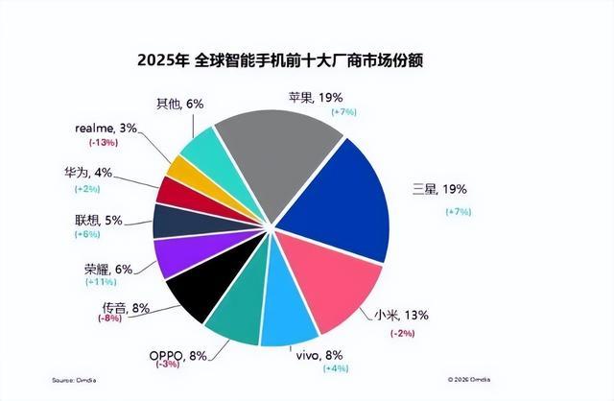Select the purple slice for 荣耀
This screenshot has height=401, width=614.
(x=175, y=256)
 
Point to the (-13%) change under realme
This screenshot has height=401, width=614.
(x=105, y=144)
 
